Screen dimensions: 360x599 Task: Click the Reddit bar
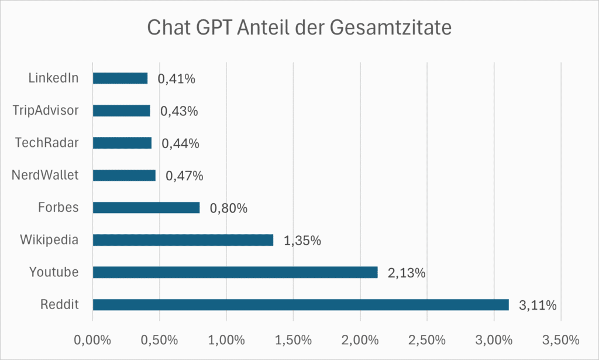tap(301, 304)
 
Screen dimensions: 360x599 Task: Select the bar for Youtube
tap(235, 272)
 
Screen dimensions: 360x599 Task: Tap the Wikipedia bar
tap(183, 240)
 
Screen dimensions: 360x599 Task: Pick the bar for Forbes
tap(146, 208)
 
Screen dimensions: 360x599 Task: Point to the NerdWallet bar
tap(124, 176)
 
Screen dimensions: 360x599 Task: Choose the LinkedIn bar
tap(120, 78)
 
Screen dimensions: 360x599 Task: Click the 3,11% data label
tap(537, 305)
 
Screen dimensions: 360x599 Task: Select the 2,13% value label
tap(406, 273)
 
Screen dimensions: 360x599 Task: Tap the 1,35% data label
tap(302, 241)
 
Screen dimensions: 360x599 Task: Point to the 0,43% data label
tap(179, 111)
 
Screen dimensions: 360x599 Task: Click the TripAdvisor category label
tap(45, 110)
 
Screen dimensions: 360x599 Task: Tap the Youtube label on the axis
tap(54, 272)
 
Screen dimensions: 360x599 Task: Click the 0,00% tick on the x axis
tap(92, 340)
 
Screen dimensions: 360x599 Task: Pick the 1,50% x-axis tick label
tap(293, 340)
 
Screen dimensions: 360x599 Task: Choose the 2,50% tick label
tap(427, 340)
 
